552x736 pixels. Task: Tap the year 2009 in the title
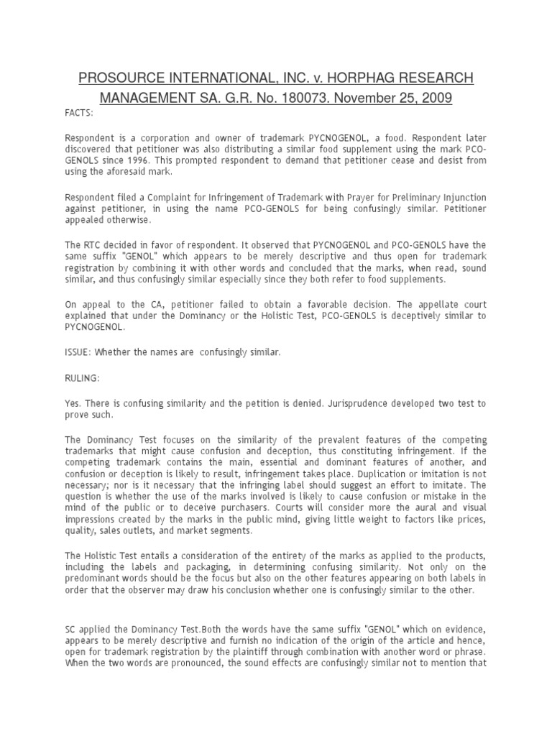(x=436, y=98)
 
